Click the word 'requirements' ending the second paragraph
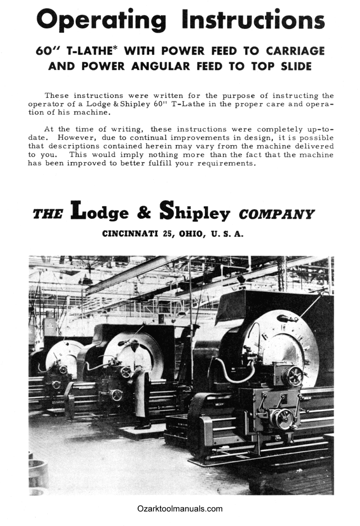[226, 163]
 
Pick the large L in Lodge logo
[78, 210]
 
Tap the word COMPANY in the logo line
[276, 215]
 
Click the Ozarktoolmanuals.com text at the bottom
[180, 509]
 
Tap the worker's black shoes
[142, 426]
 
